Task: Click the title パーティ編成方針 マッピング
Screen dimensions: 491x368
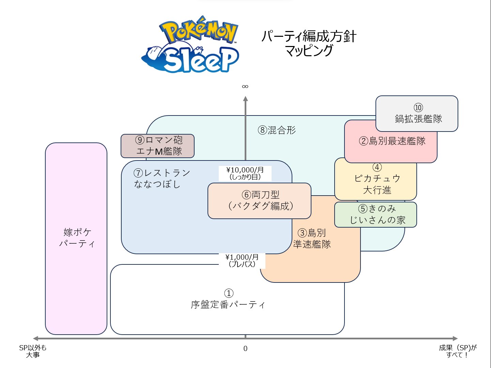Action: point(309,43)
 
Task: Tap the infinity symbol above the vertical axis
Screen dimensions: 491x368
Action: point(245,87)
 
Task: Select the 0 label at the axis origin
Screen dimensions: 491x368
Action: point(245,349)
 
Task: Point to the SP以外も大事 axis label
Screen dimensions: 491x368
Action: point(33,351)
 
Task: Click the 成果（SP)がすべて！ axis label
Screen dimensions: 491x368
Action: point(458,351)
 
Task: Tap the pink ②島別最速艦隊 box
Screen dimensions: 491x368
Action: point(392,141)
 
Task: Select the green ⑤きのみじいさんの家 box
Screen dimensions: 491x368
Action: point(376,215)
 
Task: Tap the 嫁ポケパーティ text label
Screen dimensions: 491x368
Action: point(77,238)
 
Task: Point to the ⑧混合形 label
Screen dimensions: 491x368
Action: point(277,130)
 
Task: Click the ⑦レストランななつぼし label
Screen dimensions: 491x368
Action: point(162,179)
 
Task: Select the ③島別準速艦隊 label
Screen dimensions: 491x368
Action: point(312,239)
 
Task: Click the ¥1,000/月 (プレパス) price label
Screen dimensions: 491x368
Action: point(242,260)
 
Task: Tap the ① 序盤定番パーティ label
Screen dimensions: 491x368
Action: point(228,299)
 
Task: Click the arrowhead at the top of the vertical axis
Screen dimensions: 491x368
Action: point(245,99)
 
